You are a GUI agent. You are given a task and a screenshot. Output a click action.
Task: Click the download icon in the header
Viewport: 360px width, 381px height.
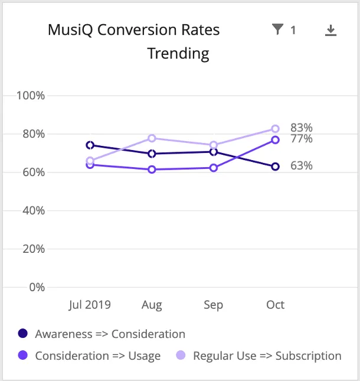[x=330, y=30]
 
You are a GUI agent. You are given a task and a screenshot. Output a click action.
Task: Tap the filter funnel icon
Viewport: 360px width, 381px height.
[x=277, y=30]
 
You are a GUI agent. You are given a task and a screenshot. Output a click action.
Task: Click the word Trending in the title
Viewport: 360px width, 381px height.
[x=178, y=54]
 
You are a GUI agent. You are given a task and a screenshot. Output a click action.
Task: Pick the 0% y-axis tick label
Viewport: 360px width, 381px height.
[x=37, y=288]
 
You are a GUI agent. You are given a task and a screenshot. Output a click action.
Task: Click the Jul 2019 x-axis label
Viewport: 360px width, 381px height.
[x=90, y=305]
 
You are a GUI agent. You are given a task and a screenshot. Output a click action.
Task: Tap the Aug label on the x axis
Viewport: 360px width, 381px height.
[x=152, y=305]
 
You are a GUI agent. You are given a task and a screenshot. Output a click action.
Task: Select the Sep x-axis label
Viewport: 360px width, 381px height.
[x=213, y=305]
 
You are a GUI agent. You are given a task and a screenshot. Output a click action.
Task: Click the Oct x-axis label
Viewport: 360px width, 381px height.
[x=275, y=305]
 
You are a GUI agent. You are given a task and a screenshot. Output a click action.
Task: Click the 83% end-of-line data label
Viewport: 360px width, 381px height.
[x=301, y=128]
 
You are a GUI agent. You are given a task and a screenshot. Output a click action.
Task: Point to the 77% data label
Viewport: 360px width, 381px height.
[x=301, y=139]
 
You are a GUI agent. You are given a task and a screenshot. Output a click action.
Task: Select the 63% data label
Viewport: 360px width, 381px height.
[x=301, y=166]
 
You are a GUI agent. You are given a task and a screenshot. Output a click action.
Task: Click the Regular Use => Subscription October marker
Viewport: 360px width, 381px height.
[x=275, y=129]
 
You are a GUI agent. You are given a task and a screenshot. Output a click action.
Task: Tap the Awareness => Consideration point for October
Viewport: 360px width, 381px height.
[x=275, y=167]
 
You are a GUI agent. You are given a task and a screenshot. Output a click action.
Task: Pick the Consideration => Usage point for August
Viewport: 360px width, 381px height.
[x=152, y=170]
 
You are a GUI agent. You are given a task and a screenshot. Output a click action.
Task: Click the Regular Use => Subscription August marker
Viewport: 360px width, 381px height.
[x=152, y=138]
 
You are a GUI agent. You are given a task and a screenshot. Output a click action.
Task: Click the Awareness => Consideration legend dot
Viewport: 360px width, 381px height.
[x=23, y=334]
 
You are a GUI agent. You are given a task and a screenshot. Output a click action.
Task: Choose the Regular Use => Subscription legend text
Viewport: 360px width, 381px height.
[x=267, y=356]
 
